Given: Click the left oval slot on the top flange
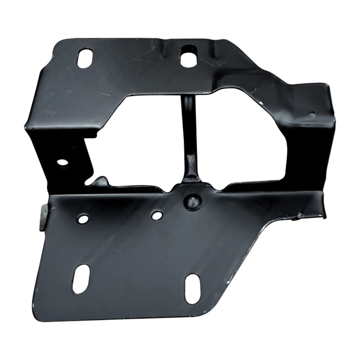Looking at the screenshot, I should click(85, 58).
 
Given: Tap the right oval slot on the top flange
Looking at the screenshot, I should click(189, 57).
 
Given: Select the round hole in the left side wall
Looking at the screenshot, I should click(62, 162).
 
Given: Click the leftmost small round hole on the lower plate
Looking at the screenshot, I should click(83, 219).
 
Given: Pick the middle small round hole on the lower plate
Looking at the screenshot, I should click(157, 216).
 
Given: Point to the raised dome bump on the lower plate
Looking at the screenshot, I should click(193, 201).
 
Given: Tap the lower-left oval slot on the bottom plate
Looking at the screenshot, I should click(81, 279).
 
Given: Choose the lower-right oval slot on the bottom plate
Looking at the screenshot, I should click(193, 288).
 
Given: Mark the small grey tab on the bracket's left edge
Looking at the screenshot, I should click(44, 217).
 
